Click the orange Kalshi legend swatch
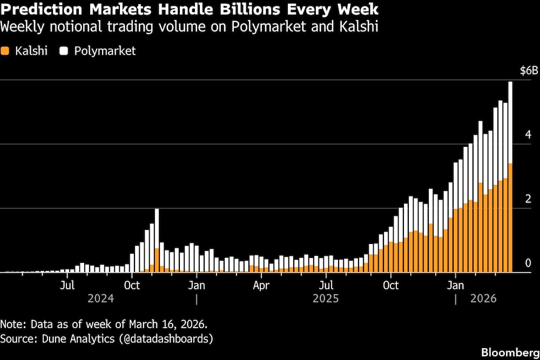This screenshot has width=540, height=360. click(x=5, y=51)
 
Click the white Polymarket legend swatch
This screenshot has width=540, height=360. click(x=64, y=51)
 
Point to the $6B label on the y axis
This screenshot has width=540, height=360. click(x=529, y=71)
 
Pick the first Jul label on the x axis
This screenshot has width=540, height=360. click(x=67, y=285)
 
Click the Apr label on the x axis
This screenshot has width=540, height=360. click(x=261, y=285)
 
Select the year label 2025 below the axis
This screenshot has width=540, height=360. click(x=326, y=298)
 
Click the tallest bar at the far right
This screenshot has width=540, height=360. click(x=510, y=178)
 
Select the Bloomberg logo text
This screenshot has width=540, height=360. click(x=510, y=352)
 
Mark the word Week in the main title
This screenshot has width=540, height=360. click(x=355, y=10)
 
